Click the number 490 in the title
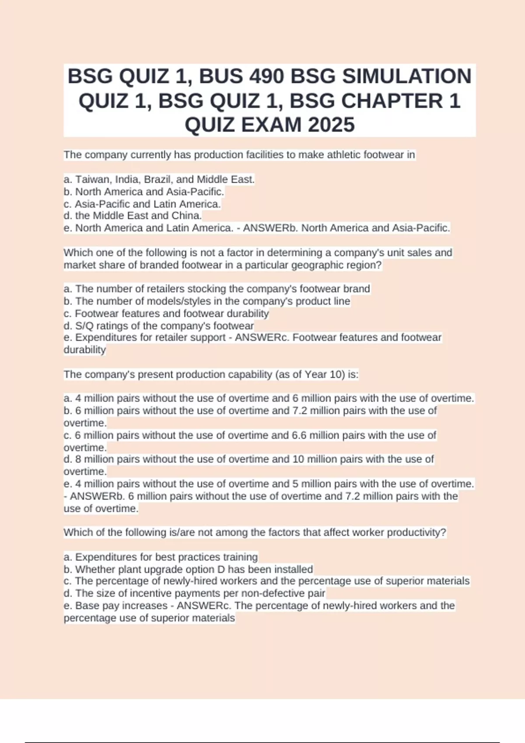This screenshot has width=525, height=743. click(267, 76)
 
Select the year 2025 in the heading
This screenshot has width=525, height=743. click(331, 125)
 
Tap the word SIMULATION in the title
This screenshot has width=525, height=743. click(407, 76)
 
